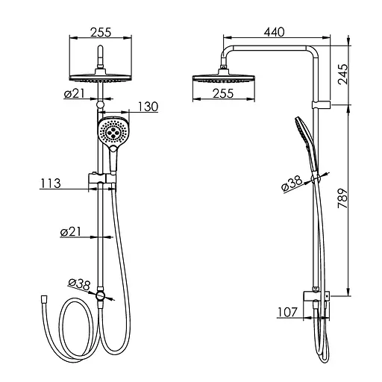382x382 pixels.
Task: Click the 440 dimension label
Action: pos(274,32)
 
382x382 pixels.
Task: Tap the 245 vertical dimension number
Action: pos(343,75)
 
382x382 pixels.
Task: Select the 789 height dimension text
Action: pos(343,198)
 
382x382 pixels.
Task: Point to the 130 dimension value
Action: pos(148,107)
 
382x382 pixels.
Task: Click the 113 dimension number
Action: pos(51,184)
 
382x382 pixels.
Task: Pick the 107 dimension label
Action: pos(287,312)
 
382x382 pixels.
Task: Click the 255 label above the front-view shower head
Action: pos(101,32)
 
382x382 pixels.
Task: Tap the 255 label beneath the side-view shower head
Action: pos(223,93)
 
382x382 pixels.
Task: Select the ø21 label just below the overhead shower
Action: pos(75,94)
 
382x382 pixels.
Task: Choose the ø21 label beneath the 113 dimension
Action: pos(71,232)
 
